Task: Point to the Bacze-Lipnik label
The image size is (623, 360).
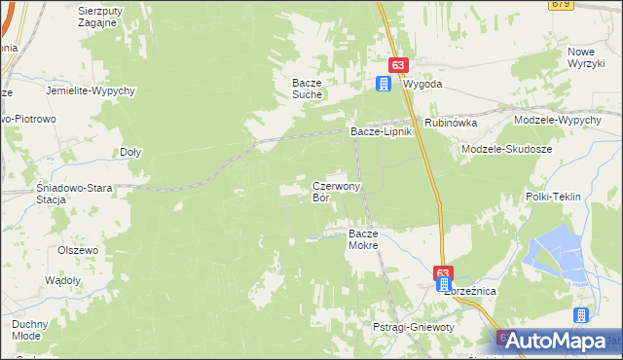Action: pyautogui.click(x=383, y=130)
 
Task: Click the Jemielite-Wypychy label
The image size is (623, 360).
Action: pyautogui.click(x=89, y=90)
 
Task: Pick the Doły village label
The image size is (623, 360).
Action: pyautogui.click(x=130, y=152)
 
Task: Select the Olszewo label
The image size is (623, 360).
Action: pyautogui.click(x=79, y=250)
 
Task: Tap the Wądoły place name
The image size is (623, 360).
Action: pyautogui.click(x=63, y=280)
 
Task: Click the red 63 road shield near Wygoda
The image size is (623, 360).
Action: pyautogui.click(x=397, y=64)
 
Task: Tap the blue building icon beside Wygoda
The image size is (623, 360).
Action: pyautogui.click(x=384, y=84)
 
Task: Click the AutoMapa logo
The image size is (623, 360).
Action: pyautogui.click(x=559, y=341)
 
